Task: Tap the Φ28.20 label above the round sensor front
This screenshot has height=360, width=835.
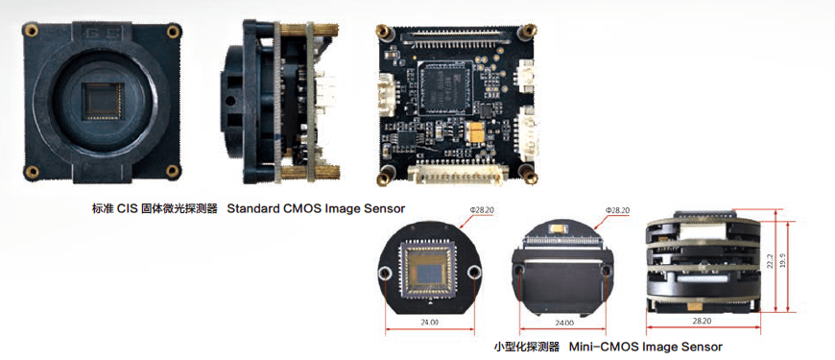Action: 482,210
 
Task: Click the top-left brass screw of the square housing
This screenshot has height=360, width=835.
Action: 33,32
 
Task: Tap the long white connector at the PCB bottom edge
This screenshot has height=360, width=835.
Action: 451,172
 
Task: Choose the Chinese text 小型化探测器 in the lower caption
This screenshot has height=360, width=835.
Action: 527,346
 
